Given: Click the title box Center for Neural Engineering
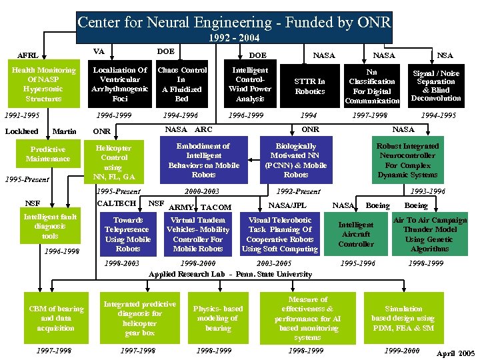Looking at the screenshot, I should [x=233, y=23].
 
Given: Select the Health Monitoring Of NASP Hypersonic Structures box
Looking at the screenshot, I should [x=43, y=84].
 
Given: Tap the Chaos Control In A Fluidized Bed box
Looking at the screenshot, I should [x=181, y=84].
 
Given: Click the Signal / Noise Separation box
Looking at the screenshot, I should [x=436, y=85].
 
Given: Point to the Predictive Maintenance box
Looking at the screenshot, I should [x=48, y=154].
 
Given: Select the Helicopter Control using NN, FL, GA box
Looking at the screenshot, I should [x=114, y=162].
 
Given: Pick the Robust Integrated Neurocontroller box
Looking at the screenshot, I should [x=407, y=160].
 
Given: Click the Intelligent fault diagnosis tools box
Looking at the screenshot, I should [x=50, y=227].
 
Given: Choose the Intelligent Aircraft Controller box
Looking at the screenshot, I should [x=356, y=235].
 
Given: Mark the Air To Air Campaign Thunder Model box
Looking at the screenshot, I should [x=430, y=234].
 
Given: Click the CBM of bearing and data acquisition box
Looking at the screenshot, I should [x=56, y=318].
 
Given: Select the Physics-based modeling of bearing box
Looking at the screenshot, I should [x=218, y=318].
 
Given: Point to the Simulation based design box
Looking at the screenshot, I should [x=403, y=318].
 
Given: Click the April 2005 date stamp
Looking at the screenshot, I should [x=455, y=353].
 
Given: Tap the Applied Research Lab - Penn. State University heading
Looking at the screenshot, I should [x=230, y=274].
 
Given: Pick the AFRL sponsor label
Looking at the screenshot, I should [x=27, y=55].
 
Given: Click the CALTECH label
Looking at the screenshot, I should [x=117, y=203].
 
